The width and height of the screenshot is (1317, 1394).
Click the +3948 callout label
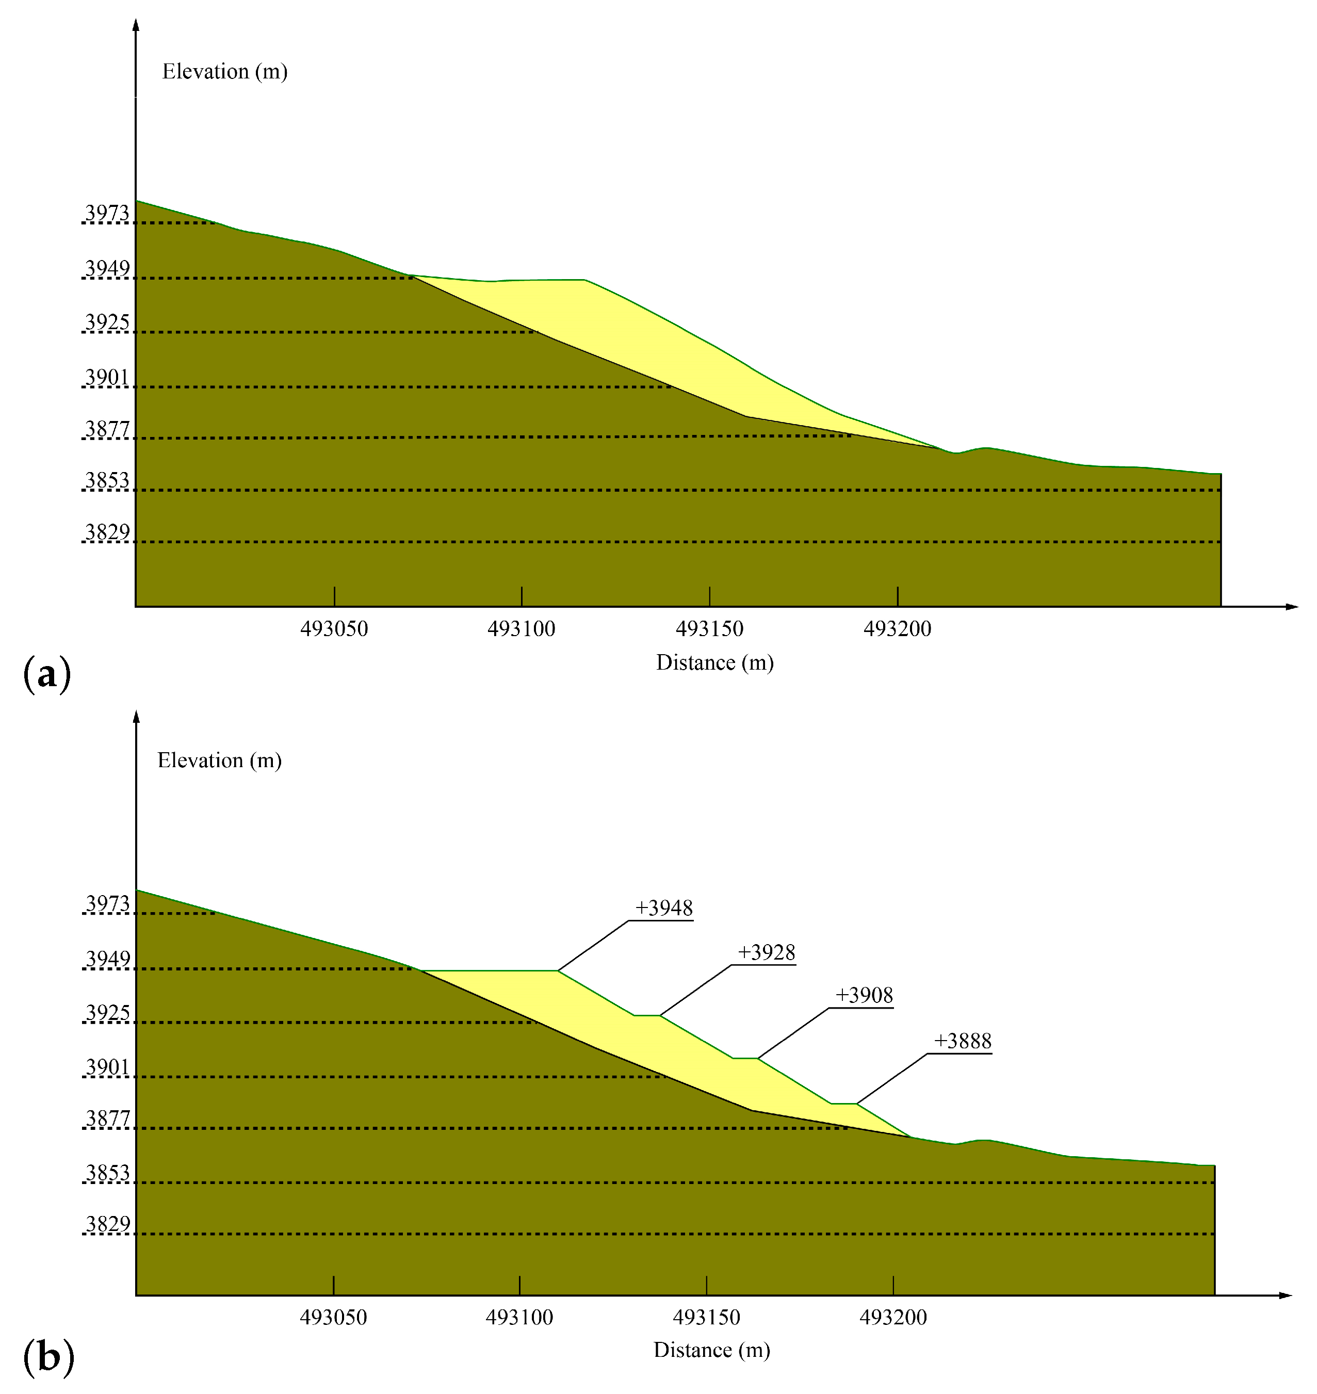663,909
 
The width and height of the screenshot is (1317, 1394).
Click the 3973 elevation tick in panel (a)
107,214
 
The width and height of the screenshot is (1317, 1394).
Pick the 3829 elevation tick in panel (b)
107,1224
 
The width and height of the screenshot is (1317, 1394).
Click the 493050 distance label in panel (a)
334,629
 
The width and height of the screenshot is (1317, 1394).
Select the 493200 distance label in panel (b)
893,1318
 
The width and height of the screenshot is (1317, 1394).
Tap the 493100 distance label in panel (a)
521,629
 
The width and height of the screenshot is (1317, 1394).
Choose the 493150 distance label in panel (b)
706,1318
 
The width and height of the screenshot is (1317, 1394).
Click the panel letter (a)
47,674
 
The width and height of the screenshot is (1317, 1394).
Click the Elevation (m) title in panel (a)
224,72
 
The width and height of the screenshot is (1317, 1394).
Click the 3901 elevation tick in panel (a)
107,378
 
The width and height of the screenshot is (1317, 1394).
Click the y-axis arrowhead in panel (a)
136,25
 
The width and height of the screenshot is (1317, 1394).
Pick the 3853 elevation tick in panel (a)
107,481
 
